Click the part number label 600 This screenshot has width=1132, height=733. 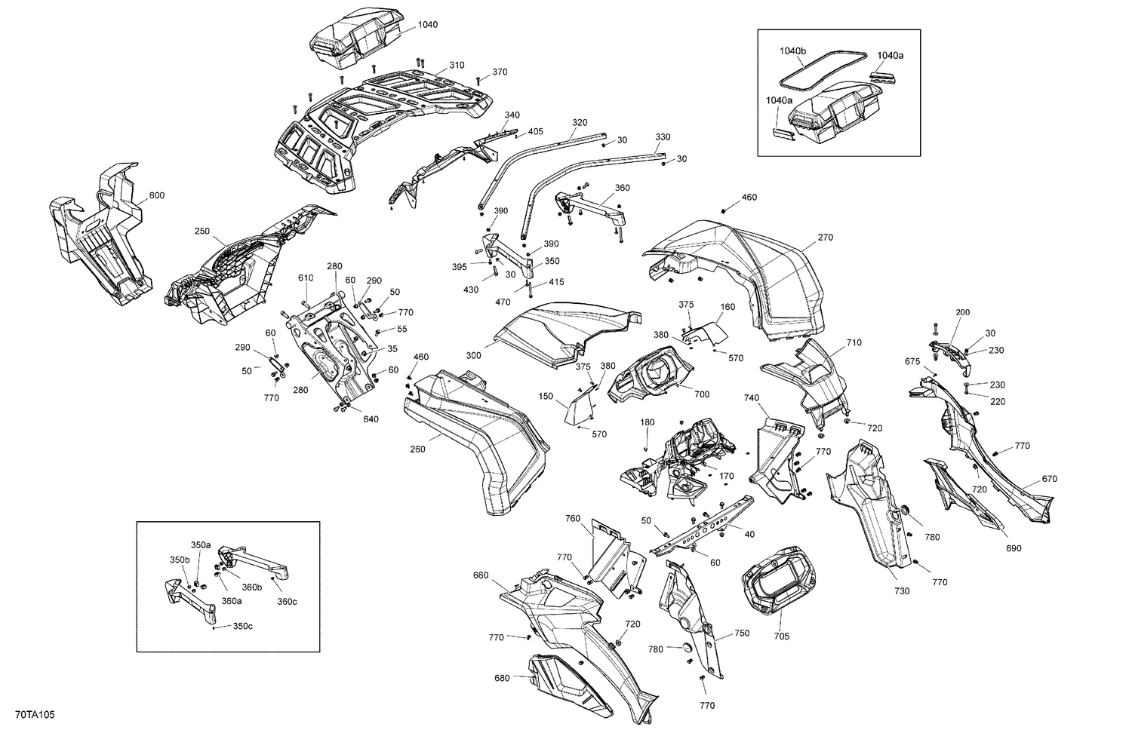pyautogui.click(x=157, y=196)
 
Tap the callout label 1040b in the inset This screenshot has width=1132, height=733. pyautogui.click(x=793, y=51)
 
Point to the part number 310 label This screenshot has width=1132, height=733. pyautogui.click(x=457, y=65)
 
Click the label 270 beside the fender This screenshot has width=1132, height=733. pyautogui.click(x=825, y=237)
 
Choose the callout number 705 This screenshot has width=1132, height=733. pyautogui.click(x=781, y=636)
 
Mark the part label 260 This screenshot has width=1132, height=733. pyautogui.click(x=417, y=449)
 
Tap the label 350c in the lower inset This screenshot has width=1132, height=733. pyautogui.click(x=242, y=626)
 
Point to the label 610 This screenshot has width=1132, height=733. pyautogui.click(x=305, y=278)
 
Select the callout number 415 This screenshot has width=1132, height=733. pyautogui.click(x=556, y=282)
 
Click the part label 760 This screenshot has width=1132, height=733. pyautogui.click(x=573, y=518)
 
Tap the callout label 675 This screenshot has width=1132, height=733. pyautogui.click(x=912, y=361)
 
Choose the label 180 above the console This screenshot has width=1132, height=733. pyautogui.click(x=647, y=422)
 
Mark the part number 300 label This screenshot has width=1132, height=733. pyautogui.click(x=473, y=355)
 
